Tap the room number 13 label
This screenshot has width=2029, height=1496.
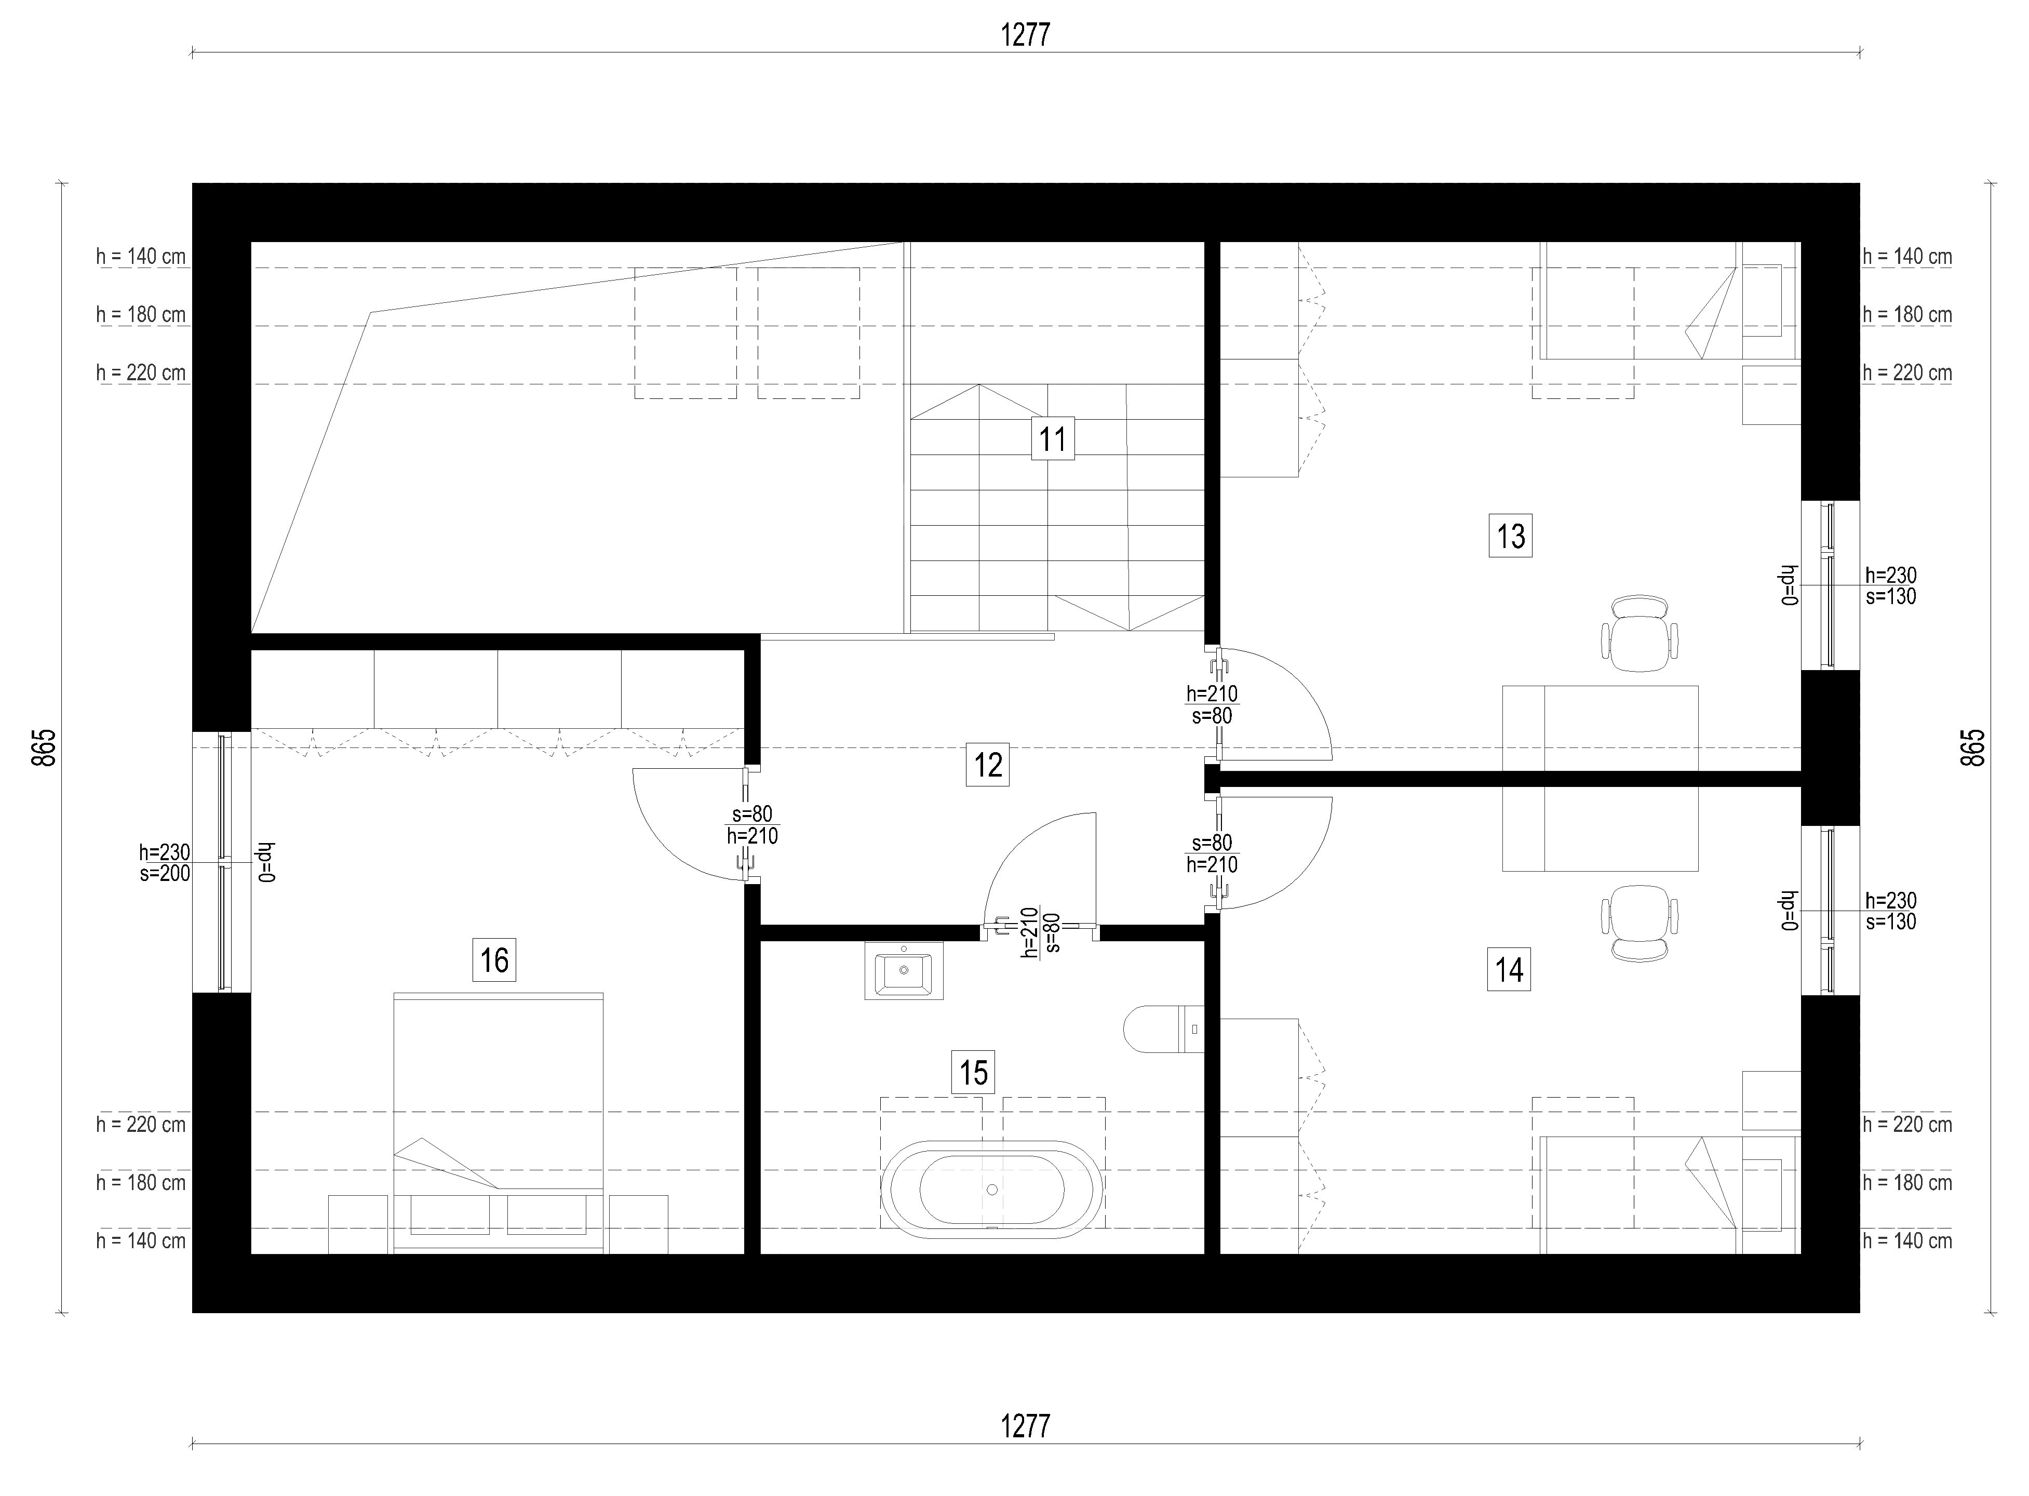[x=1510, y=536]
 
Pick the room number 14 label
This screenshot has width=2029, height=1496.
[x=1509, y=970]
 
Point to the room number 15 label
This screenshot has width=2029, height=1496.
[x=973, y=1073]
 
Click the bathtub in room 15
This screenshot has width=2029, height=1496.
[x=992, y=1189]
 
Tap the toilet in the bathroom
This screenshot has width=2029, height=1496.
[x=1163, y=1028]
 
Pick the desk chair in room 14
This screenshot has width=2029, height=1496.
[x=1640, y=923]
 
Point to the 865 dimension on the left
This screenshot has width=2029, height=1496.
[x=44, y=748]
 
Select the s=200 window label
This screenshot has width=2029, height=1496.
[x=165, y=874]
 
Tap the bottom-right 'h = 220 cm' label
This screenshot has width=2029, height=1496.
[x=1907, y=1125]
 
